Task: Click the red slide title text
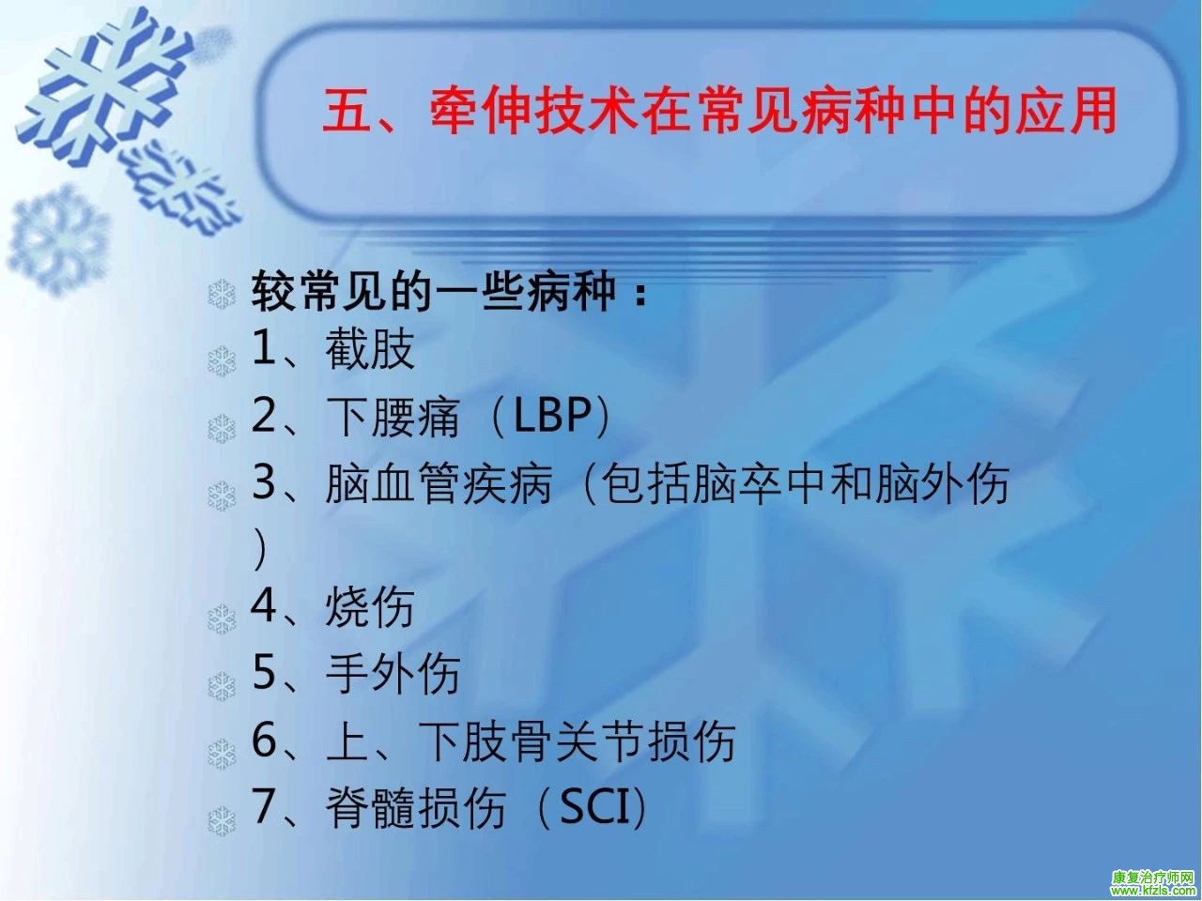(719, 111)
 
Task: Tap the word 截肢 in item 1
(370, 349)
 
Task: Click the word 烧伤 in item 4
(370, 607)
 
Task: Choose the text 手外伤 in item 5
(393, 674)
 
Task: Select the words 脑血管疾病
(439, 483)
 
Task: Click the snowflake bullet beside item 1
(222, 360)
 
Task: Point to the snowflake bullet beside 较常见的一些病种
(222, 295)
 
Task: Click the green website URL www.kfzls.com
(1153, 891)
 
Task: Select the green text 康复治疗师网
(1153, 877)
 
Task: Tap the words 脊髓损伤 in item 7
(416, 807)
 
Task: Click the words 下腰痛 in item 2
(393, 417)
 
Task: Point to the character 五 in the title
(346, 112)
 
